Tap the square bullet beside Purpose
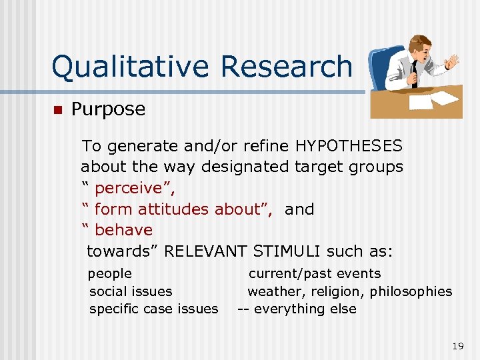click(x=57, y=110)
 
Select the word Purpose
click(x=108, y=109)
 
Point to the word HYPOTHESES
click(x=349, y=145)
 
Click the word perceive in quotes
click(x=129, y=188)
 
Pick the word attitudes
click(x=171, y=209)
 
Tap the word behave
click(x=124, y=230)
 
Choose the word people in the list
click(x=110, y=273)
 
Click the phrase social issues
click(x=131, y=291)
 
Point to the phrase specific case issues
click(x=153, y=309)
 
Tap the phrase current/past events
click(x=315, y=273)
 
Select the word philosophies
click(x=411, y=291)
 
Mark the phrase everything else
click(x=305, y=309)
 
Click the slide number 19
click(x=457, y=345)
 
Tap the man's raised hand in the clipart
click(x=453, y=62)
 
